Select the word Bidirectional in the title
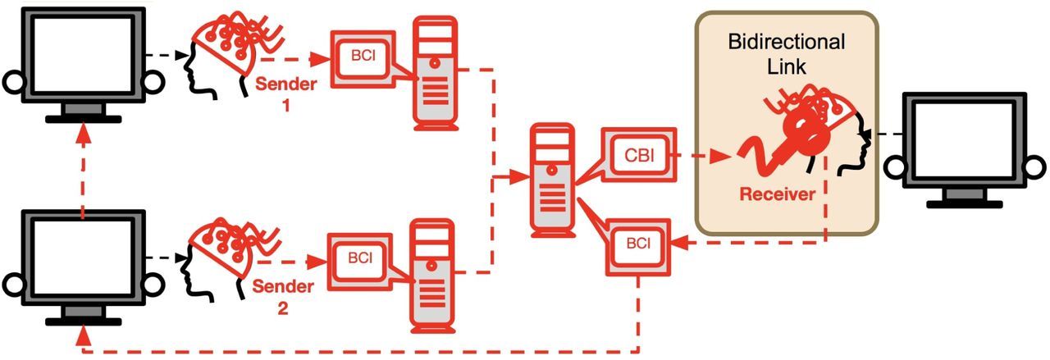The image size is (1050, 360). pyautogui.click(x=786, y=41)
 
